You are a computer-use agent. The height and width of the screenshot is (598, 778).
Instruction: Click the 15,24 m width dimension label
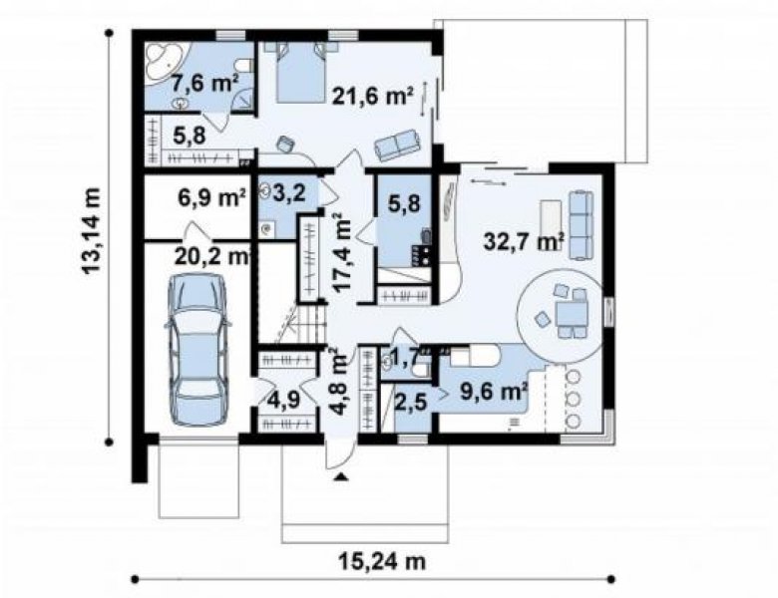point(383,562)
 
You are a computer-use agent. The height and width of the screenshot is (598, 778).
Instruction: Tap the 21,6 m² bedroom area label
point(373,97)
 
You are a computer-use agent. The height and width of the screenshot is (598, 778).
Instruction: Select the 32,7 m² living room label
point(525,242)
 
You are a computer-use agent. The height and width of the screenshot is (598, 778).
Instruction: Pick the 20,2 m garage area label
point(211,257)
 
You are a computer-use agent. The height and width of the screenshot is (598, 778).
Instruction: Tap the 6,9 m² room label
point(211,197)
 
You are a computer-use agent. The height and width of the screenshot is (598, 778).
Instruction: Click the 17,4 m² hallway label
point(342,252)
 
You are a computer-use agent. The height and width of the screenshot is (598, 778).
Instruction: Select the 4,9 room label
point(283,400)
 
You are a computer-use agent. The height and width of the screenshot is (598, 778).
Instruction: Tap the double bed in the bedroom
point(300,72)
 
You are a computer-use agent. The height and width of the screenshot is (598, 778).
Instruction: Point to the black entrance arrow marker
point(341,477)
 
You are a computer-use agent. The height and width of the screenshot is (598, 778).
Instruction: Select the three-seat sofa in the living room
point(581,225)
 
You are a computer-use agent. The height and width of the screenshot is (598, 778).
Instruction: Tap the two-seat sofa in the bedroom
point(397,145)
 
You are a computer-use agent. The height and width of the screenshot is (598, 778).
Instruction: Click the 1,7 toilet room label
point(404,357)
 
